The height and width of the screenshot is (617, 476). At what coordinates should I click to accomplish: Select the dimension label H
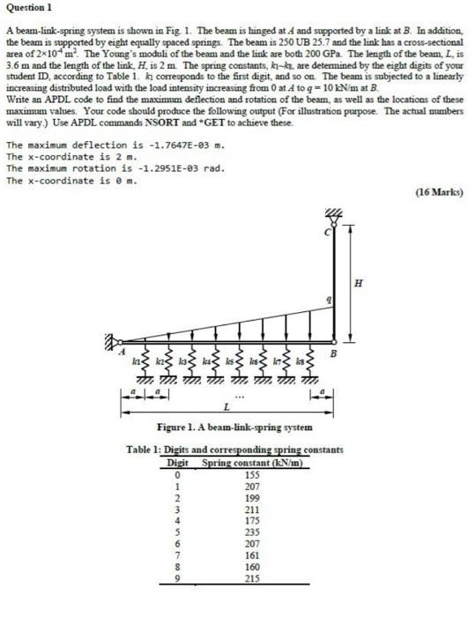tap(358, 282)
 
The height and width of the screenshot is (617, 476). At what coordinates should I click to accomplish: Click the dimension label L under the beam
tap(227, 407)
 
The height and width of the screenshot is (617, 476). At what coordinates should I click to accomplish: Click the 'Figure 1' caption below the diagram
tap(232, 427)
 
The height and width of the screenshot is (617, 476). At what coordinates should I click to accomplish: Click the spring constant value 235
tap(252, 532)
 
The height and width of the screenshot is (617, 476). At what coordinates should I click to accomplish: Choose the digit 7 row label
tap(178, 555)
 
